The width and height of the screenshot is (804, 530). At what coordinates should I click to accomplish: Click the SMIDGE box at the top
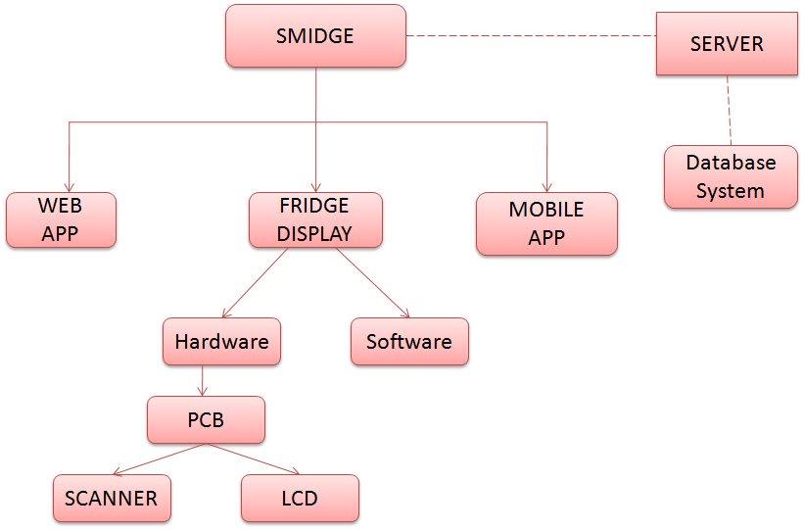point(315,36)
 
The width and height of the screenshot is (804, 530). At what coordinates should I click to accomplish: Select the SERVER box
point(726,44)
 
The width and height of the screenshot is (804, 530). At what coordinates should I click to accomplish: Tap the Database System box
point(730,176)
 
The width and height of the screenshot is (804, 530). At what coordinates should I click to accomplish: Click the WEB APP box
point(61,219)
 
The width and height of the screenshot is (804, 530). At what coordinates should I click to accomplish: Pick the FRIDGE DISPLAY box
point(315,219)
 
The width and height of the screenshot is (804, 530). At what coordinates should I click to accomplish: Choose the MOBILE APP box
point(546,223)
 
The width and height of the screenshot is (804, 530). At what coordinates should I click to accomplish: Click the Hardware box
point(221,342)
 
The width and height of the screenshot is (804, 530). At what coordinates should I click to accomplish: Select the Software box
point(409,342)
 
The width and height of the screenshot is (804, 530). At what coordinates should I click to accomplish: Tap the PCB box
point(206,419)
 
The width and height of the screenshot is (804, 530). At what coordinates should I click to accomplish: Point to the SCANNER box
point(112,498)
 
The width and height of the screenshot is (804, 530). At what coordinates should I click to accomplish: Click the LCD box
point(300,498)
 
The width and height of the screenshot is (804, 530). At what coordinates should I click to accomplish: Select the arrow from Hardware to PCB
point(202,380)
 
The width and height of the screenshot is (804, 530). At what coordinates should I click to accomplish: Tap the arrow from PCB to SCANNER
point(162,458)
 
